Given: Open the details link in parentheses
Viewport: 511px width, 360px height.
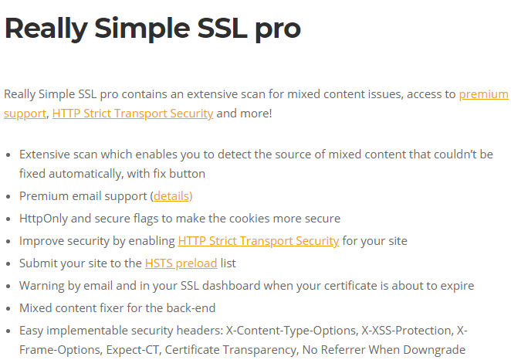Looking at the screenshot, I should coord(171,196).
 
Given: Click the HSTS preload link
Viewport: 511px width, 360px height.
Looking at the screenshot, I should coord(181,263).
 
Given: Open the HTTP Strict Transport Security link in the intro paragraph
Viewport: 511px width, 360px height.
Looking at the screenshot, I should coord(133,114).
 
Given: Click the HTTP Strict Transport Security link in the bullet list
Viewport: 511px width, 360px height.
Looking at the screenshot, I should coord(258,241).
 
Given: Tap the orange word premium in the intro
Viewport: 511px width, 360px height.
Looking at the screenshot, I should coord(483,94).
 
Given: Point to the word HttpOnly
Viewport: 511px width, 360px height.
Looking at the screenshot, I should coord(45,219).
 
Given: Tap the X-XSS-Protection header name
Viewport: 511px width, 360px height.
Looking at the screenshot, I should coord(408,331).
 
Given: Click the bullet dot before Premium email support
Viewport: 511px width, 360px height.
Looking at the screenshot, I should coord(8,196).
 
